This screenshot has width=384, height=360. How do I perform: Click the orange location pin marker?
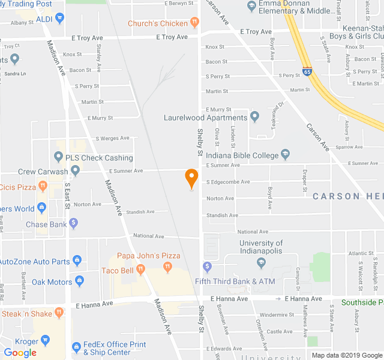click(x=191, y=178)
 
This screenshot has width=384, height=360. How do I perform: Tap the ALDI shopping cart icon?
click(x=59, y=19)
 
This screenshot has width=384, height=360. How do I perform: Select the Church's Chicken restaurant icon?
click(x=194, y=23)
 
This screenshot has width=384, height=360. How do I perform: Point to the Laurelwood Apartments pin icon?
click(x=254, y=117)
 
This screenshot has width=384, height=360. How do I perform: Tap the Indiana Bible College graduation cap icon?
click(x=286, y=155)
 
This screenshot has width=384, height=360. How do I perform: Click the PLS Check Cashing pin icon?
click(x=58, y=157)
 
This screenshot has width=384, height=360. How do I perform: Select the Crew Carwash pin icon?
click(x=74, y=171)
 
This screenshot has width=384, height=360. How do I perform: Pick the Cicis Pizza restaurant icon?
click(x=41, y=187)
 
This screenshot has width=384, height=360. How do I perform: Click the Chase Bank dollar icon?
click(x=74, y=224)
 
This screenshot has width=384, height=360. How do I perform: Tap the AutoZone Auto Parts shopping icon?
click(x=77, y=261)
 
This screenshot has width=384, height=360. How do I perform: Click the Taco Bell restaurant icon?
click(x=140, y=270)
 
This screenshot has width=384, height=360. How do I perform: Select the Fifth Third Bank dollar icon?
click(x=207, y=266)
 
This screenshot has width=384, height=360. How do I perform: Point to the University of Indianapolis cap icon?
click(x=261, y=262)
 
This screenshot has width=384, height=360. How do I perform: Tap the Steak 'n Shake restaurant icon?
click(x=59, y=313)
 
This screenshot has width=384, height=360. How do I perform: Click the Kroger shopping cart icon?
click(x=45, y=341)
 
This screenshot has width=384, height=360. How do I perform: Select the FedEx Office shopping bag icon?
click(x=76, y=347)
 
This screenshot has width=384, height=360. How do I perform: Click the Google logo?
click(x=20, y=353)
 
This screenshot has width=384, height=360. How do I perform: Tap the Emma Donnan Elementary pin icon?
click(x=251, y=6)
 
